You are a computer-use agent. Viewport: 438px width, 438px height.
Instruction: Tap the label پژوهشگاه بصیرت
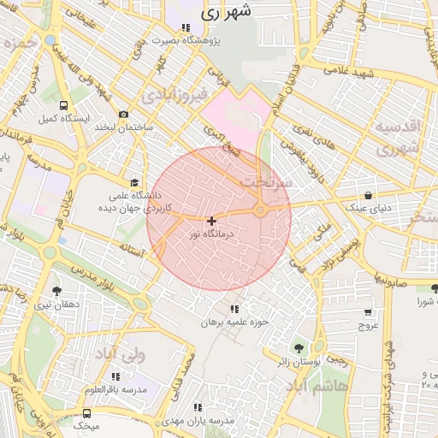186,40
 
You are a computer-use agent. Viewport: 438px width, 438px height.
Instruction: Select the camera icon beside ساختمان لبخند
124,114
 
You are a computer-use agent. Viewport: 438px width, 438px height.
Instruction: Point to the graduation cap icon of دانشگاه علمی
133,182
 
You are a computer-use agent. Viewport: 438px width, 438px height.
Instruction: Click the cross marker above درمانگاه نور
211,221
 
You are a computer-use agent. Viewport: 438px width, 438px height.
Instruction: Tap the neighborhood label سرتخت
265,182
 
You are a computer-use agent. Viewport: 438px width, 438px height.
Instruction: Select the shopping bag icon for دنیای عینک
368,195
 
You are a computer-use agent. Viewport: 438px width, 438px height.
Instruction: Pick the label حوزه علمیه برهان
234,323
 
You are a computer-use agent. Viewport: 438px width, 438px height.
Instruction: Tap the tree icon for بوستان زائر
299,348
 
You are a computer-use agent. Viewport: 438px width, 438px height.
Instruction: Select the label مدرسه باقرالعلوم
115,389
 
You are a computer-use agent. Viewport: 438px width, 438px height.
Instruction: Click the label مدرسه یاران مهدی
198,420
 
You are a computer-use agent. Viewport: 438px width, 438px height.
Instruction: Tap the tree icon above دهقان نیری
56,291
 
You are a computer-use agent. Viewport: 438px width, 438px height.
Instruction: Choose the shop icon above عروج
368,312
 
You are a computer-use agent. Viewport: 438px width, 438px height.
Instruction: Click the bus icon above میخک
86,414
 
